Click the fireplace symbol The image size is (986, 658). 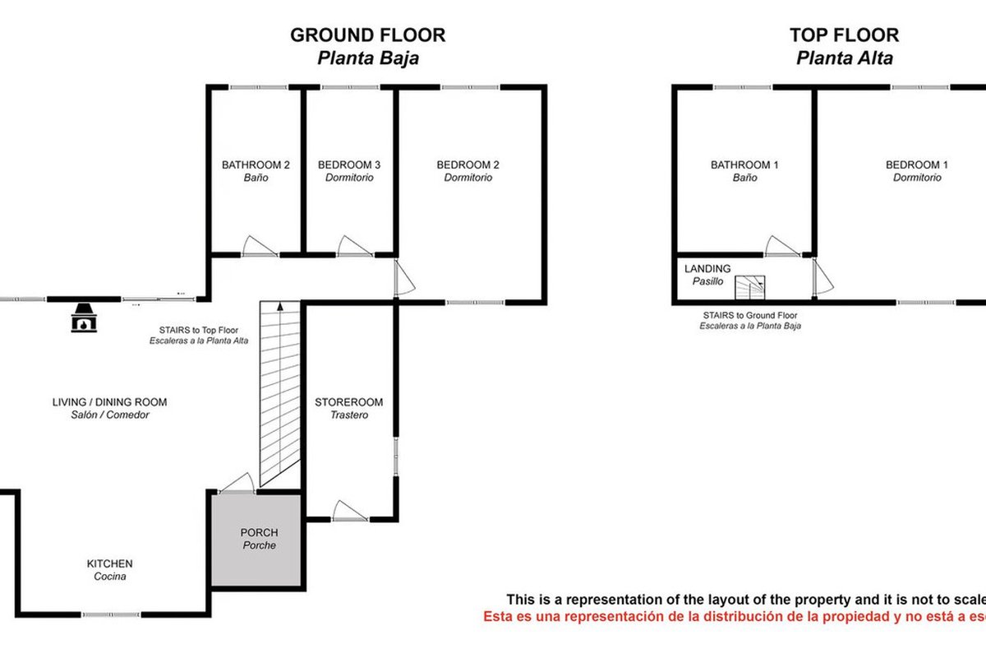pyautogui.click(x=84, y=317)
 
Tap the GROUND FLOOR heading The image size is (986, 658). pyautogui.click(x=367, y=35)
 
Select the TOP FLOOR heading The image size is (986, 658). pyautogui.click(x=845, y=35)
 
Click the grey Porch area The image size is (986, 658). pyautogui.click(x=256, y=540)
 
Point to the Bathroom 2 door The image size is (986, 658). pyautogui.click(x=260, y=247)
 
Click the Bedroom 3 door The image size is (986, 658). pyautogui.click(x=355, y=247)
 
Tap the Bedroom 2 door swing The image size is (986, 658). pyautogui.click(x=404, y=278)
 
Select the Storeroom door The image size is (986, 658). pyautogui.click(x=349, y=511)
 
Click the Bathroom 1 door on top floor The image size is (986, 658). pyautogui.click(x=782, y=247)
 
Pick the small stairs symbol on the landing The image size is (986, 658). pyautogui.click(x=750, y=287)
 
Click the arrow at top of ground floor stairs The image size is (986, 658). pyautogui.click(x=280, y=307)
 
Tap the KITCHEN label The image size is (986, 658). pyautogui.click(x=109, y=563)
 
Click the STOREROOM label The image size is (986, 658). pyautogui.click(x=348, y=402)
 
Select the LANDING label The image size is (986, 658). pyautogui.click(x=707, y=268)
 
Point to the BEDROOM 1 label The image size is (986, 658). pyautogui.click(x=917, y=164)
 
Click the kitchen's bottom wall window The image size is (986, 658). pyautogui.click(x=111, y=614)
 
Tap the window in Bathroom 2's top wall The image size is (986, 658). pyautogui.click(x=258, y=87)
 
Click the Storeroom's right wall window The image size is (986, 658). pyautogui.click(x=396, y=456)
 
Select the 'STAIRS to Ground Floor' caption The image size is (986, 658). pyautogui.click(x=750, y=316)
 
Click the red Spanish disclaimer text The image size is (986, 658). pyautogui.click(x=735, y=616)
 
